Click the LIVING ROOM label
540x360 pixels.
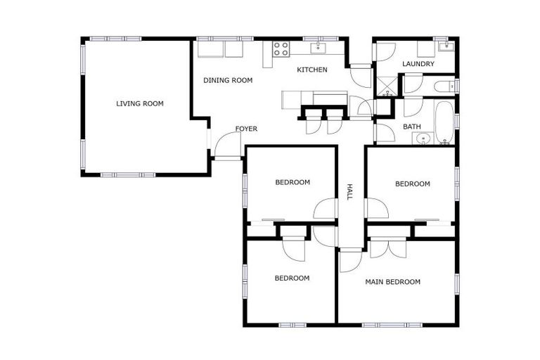(x=139, y=103)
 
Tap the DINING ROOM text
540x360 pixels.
(x=227, y=80)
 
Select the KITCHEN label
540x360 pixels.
(x=311, y=70)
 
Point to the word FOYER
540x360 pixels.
(x=246, y=129)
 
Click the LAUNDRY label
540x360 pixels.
(x=418, y=64)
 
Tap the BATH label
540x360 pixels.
(x=411, y=127)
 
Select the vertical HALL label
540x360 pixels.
(x=349, y=192)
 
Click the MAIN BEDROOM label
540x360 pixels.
(x=392, y=282)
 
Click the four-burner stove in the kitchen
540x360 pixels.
(x=281, y=49)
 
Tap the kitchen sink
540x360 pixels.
(x=319, y=48)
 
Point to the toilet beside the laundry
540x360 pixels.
(x=442, y=86)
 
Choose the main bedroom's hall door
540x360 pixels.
(x=350, y=260)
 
